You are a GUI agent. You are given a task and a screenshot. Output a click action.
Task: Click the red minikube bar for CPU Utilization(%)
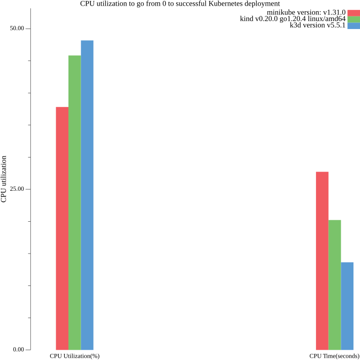tap(62, 228)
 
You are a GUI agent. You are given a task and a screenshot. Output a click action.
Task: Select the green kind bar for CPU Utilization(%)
tap(75, 202)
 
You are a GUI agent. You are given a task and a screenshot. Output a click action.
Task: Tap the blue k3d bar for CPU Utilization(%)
tap(87, 195)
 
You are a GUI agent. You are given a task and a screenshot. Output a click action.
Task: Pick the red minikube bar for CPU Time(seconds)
tap(322, 261)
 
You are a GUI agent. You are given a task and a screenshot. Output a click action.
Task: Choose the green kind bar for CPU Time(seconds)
tap(335, 285)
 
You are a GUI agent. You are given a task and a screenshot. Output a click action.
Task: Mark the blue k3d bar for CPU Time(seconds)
tap(347, 306)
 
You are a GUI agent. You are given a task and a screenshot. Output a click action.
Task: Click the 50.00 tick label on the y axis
tap(17, 29)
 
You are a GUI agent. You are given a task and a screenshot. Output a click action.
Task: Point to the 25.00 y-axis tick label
tap(17, 189)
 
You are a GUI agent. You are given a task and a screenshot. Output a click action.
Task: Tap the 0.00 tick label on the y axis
tap(18, 350)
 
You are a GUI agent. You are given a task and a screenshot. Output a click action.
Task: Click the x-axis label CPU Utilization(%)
tap(75, 356)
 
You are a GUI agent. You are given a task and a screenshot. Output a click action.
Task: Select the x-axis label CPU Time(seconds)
tap(334, 356)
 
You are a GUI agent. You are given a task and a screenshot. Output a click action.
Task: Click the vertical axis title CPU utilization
tap(4, 179)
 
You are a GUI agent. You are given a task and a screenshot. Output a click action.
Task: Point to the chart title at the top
tap(180, 4)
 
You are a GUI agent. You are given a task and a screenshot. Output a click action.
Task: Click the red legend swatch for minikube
tap(353, 13)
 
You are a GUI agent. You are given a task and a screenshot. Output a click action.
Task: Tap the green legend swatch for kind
tap(353, 19)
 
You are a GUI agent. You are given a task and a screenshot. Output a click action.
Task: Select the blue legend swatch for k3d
tap(353, 26)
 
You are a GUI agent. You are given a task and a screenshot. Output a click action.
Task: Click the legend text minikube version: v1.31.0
tap(306, 13)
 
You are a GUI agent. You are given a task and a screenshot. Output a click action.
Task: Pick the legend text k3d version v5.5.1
tap(318, 26)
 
